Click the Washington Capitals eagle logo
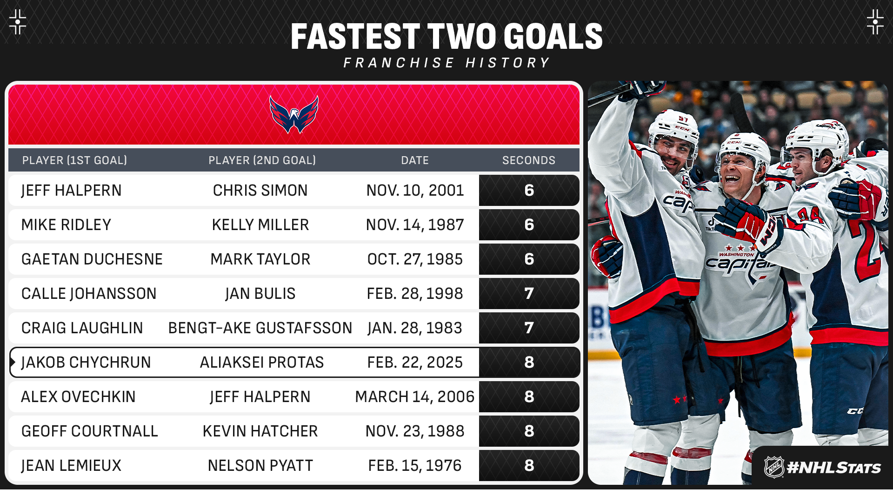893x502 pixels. pos(294,114)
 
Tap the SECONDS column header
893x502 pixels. pos(529,160)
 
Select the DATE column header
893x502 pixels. pos(415,160)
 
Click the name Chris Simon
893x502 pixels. pos(260,190)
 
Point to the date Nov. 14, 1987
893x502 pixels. pos(415,225)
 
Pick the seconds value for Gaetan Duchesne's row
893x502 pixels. pos(529,259)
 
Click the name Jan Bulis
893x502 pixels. pos(260,293)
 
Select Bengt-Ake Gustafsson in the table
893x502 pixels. pos(260,328)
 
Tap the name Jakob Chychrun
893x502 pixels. pos(86,362)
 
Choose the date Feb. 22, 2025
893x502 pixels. pos(415,362)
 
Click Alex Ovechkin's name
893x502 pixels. pos(78,396)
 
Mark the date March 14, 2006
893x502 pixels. pos(415,396)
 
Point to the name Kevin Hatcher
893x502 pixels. pos(260,431)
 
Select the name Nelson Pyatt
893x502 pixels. pos(260,465)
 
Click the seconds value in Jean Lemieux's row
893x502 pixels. pos(529,465)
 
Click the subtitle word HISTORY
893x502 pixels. pos(508,63)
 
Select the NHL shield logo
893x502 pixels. pos(774,467)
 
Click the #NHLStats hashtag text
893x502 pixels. pos(834,468)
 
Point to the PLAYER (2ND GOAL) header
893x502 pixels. pos(262,160)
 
